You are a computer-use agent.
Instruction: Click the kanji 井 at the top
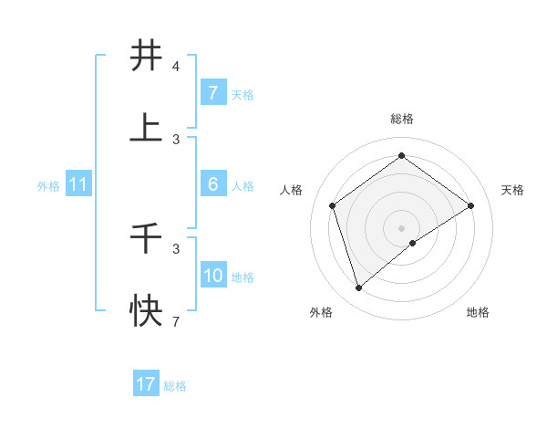147,56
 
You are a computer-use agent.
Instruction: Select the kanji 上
147,129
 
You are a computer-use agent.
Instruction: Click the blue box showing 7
212,92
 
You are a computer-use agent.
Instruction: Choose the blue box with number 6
212,184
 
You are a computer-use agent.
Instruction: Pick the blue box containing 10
212,276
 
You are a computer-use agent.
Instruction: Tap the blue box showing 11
78,184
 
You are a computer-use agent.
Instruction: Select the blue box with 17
146,384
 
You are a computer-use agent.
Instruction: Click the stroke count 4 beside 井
176,67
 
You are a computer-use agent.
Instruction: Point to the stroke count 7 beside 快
176,322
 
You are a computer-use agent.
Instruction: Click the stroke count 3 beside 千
176,248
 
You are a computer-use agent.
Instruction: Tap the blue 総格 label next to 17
175,386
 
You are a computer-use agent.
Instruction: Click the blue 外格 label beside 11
48,185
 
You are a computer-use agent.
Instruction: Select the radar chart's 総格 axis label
402,119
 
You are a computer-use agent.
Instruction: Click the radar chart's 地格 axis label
478,312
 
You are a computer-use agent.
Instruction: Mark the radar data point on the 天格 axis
470,205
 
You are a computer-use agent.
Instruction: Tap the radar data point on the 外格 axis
358,288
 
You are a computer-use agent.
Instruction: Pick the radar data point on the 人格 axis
333,205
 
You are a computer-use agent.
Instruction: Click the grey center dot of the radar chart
402,227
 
